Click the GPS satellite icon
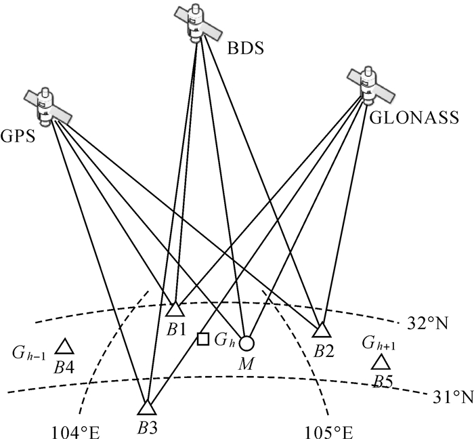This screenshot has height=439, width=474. (x=48, y=106)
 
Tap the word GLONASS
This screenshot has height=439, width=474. (x=407, y=117)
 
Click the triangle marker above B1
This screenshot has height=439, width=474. (x=175, y=310)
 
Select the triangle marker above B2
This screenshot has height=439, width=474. (x=322, y=330)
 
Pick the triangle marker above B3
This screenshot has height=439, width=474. (x=146, y=407)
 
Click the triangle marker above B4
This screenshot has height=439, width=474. (x=64, y=347)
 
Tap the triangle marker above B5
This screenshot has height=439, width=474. (x=381, y=362)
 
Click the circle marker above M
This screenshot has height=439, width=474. (x=246, y=343)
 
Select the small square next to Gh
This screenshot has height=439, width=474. (x=202, y=339)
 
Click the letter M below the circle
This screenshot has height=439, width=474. (x=245, y=365)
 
